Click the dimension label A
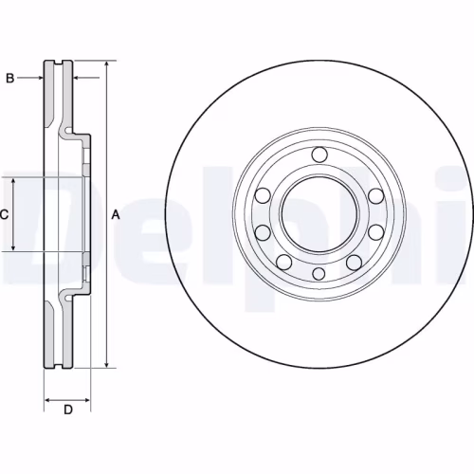[116, 215]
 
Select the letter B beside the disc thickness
[10, 78]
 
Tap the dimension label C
[4, 215]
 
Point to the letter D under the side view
[67, 410]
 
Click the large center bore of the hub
[319, 214]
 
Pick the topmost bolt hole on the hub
[319, 155]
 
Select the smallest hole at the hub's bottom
[319, 273]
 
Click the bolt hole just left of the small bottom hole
[283, 262]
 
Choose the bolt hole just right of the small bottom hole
[354, 262]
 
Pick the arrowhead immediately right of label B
[41, 78]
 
